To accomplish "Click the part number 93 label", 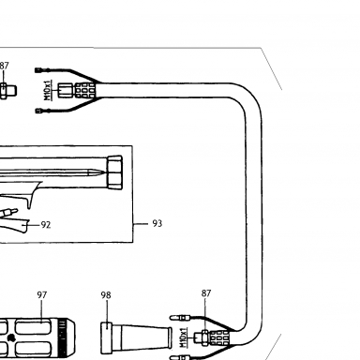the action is [x=157, y=223].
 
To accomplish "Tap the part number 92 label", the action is [x=46, y=225].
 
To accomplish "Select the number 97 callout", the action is [x=42, y=295].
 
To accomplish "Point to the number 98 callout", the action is [x=106, y=295].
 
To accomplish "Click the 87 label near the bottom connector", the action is [x=206, y=293].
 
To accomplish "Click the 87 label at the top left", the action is [x=5, y=66].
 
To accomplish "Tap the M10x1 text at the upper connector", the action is [x=47, y=90].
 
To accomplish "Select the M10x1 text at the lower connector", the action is [x=183, y=337].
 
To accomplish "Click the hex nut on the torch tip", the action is [x=114, y=172].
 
